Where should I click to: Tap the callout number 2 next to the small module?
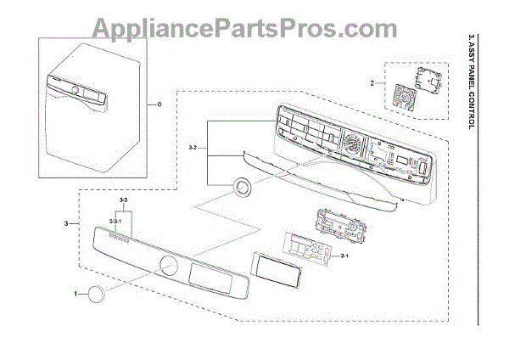(372, 83)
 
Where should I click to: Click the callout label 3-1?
(344, 256)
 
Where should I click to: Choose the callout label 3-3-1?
(115, 221)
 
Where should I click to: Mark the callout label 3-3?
(124, 199)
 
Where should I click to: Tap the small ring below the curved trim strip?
(243, 188)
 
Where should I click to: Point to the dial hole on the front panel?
(168, 268)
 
